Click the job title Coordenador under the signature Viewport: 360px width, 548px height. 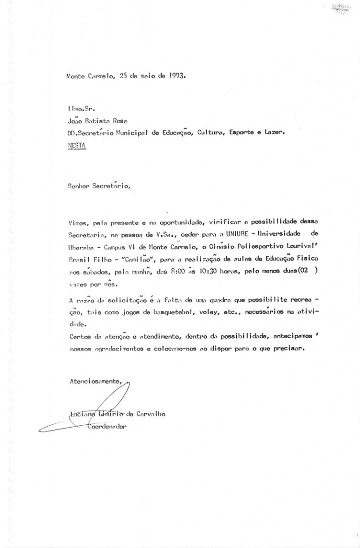click(x=107, y=426)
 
